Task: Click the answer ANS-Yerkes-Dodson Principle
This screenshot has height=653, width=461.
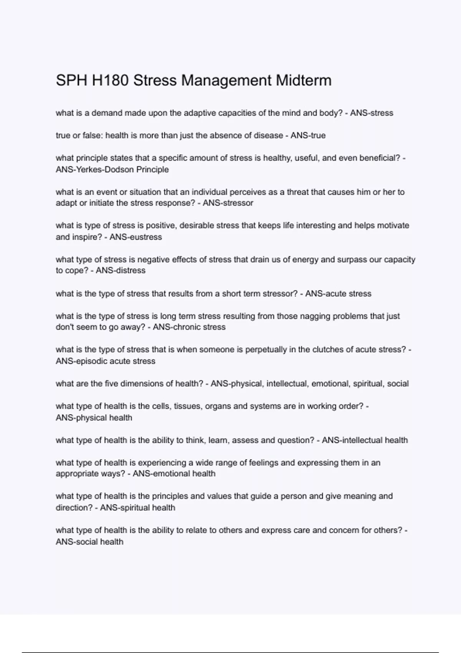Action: click(x=112, y=169)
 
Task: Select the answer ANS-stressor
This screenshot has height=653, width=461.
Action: click(x=228, y=203)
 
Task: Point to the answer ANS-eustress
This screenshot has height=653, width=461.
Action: click(x=136, y=237)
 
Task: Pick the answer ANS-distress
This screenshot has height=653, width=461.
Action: click(x=121, y=270)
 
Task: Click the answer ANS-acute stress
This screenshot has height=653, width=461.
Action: click(x=338, y=294)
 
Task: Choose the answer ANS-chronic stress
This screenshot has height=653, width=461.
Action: click(x=189, y=327)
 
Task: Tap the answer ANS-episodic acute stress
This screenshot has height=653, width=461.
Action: click(x=106, y=361)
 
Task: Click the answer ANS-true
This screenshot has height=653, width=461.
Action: click(x=308, y=136)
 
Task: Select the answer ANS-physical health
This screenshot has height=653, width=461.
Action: click(x=94, y=418)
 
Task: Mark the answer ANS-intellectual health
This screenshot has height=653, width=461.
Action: click(x=365, y=440)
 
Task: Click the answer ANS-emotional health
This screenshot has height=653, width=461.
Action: click(x=174, y=474)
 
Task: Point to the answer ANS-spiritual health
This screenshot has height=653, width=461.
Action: click(x=138, y=508)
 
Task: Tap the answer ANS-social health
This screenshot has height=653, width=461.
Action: click(x=90, y=542)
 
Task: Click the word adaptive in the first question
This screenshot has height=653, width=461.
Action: click(x=199, y=113)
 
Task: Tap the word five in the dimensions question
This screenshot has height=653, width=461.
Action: click(x=111, y=384)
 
